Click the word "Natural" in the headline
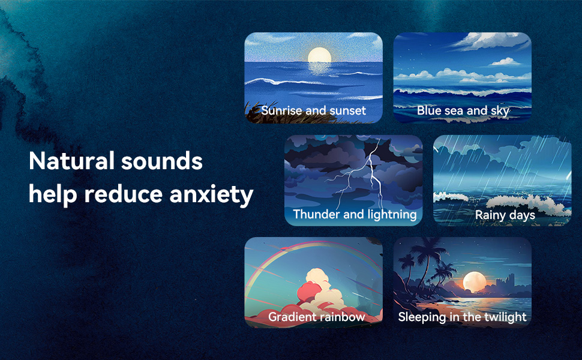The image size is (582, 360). pyautogui.click(x=71, y=160)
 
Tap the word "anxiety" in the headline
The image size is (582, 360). pyautogui.click(x=211, y=194)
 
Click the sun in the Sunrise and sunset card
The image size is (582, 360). pyautogui.click(x=319, y=55)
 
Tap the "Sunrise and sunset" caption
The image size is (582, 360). pyautogui.click(x=313, y=110)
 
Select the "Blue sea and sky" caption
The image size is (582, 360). pyautogui.click(x=463, y=110)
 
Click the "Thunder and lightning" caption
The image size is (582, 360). pyautogui.click(x=355, y=214)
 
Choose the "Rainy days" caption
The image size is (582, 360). pyautogui.click(x=505, y=215)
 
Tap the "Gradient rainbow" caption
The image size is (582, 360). pyautogui.click(x=317, y=317)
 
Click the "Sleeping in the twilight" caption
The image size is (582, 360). pyautogui.click(x=462, y=317)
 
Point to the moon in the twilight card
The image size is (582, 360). pyautogui.click(x=475, y=282)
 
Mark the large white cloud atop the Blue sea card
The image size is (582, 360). pyautogui.click(x=490, y=40)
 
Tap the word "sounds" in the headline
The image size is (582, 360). pyautogui.click(x=162, y=160)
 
